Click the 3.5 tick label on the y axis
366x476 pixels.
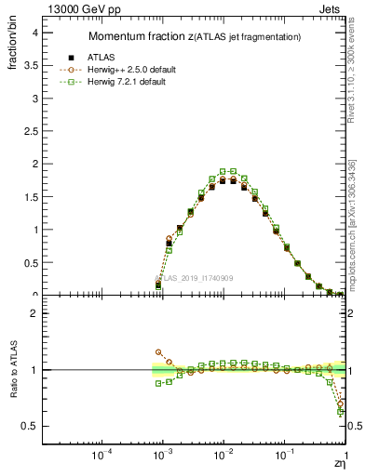[30, 65]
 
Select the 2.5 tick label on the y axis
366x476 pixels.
[30, 131]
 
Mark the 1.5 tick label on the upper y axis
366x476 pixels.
[30, 197]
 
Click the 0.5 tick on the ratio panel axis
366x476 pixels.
[30, 426]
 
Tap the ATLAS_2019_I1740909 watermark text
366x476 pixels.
[193, 278]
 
